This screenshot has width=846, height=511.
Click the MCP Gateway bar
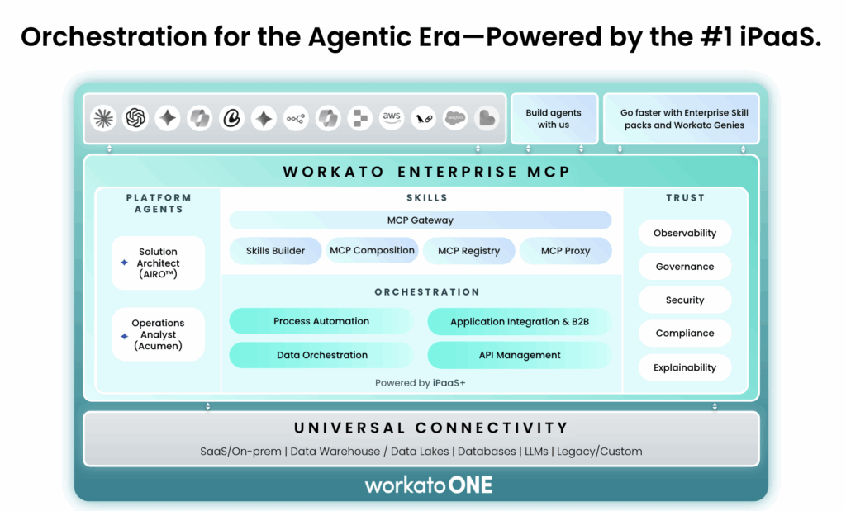coord(420,220)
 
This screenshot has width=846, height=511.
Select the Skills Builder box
coord(275,251)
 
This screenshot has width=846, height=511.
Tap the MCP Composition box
coord(372,251)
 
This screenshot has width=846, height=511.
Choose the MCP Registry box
coord(468,251)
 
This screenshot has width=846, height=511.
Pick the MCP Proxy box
coord(565,251)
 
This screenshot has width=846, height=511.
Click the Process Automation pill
coord(321,321)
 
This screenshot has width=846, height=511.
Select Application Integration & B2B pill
coord(519,322)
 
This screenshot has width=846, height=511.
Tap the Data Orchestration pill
coord(321,355)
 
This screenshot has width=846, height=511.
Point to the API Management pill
coord(519,355)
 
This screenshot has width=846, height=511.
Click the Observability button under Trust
coord(684,233)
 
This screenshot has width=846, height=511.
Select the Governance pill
coord(684,267)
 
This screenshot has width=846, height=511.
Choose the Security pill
coord(684,300)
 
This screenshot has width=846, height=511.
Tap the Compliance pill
coord(684,334)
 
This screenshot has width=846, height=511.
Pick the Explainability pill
coord(684,367)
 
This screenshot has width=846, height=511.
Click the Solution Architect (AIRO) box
coord(158,263)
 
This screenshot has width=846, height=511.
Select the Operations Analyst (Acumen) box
coord(158,334)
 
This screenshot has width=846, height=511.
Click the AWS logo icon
coord(392,118)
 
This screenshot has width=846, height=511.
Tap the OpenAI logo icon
coord(135,118)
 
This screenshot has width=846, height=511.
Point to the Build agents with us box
coord(554,119)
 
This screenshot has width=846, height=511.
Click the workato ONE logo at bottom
coord(429,485)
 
